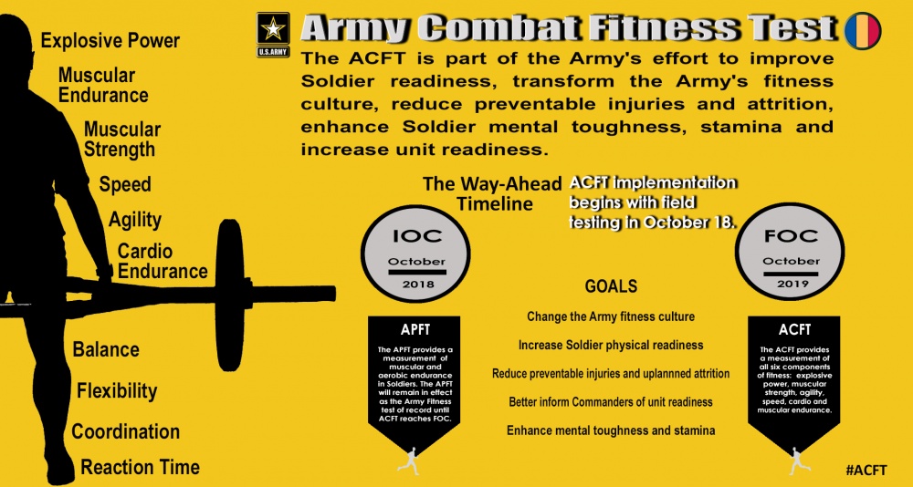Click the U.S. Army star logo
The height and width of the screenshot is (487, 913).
tap(273, 35)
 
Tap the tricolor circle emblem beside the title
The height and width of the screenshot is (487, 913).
tap(863, 31)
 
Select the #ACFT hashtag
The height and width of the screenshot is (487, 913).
tap(866, 470)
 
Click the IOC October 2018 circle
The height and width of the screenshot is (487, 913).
tap(415, 254)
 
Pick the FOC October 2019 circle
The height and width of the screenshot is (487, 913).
tap(790, 252)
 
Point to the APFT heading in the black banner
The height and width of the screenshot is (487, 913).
tap(415, 330)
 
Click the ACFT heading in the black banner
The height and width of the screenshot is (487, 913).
tap(795, 330)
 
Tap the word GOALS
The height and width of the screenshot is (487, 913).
tap(611, 287)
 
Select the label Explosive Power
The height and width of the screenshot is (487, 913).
tap(110, 41)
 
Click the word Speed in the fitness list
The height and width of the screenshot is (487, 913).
tap(124, 184)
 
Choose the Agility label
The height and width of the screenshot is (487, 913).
tap(134, 220)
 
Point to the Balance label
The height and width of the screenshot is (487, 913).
tap(106, 349)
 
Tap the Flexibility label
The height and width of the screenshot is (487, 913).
tap(117, 390)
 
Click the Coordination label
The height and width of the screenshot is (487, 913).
tap(126, 431)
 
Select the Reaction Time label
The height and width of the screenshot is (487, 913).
tap(141, 467)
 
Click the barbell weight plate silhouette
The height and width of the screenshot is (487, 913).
tap(229, 295)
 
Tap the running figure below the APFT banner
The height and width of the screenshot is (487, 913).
tap(408, 461)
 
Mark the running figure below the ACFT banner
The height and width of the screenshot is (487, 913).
tap(799, 461)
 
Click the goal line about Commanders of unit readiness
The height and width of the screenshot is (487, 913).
tap(611, 402)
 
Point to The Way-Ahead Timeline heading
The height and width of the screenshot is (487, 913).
tap(493, 193)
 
